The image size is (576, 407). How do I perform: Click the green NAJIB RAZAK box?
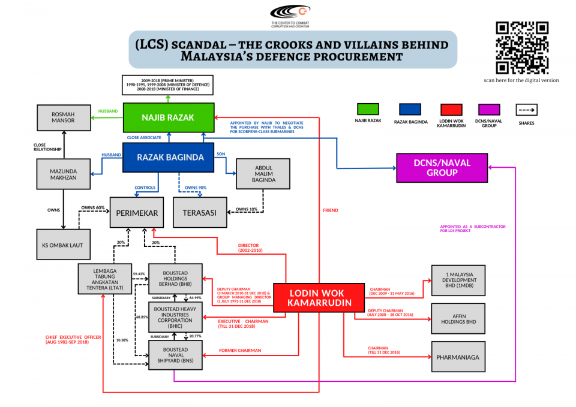click(x=169, y=117)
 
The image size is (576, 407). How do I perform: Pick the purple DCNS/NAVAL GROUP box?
click(x=442, y=168)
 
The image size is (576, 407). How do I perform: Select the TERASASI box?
click(x=200, y=212)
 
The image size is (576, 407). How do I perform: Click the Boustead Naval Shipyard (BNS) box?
click(x=175, y=354)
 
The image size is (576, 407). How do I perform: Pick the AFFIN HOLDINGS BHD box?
click(x=458, y=318)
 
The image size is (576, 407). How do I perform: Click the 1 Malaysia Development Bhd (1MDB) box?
click(x=458, y=280)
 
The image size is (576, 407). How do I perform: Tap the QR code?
click(x=521, y=47)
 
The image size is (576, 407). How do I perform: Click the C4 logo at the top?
click(x=290, y=11)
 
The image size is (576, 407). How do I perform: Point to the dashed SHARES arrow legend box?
click(x=526, y=110)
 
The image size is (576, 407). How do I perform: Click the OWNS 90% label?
click(x=196, y=188)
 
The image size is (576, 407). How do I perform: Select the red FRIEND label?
click(x=330, y=210)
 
